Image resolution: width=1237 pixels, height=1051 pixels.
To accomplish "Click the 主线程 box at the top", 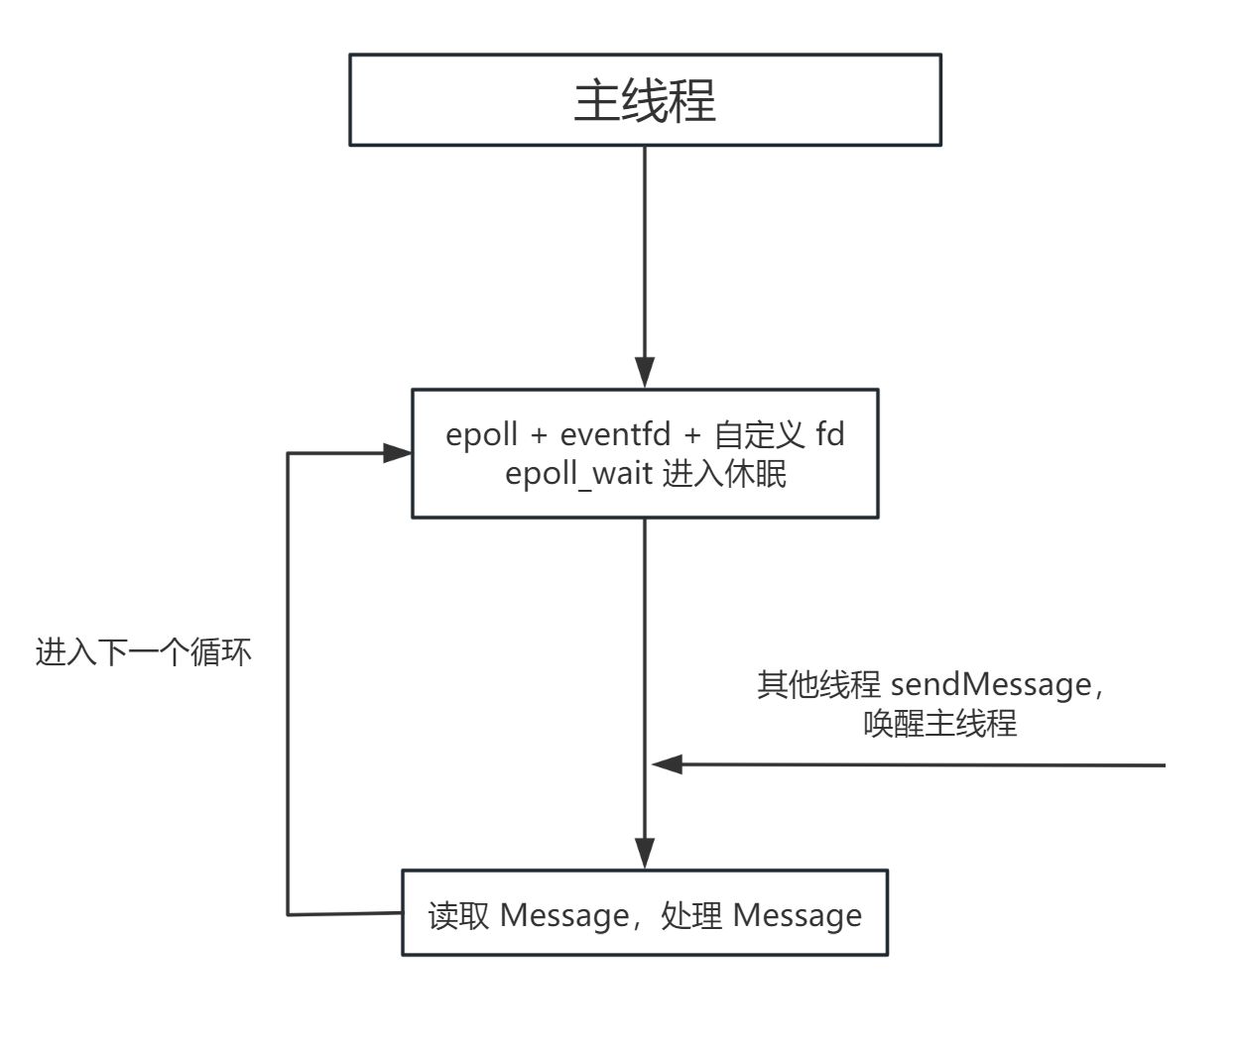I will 645,100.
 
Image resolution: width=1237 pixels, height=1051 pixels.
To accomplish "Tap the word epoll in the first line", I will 481,435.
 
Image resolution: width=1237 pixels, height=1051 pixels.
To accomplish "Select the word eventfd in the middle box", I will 614,435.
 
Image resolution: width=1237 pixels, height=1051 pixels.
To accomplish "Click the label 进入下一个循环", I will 144,652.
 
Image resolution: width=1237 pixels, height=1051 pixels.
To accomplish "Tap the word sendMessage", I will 991,684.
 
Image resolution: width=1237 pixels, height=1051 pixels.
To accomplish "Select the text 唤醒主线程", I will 940,723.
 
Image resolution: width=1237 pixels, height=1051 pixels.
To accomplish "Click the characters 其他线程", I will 818,684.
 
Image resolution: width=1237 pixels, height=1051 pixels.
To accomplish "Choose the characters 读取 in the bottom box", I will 458,915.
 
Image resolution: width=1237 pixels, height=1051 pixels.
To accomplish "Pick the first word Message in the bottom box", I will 563,915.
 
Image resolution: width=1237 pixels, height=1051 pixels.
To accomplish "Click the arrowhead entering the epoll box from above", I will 645,373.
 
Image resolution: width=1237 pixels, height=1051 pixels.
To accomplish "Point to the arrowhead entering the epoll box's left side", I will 397,453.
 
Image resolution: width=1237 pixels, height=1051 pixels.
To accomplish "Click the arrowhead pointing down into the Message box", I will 645,854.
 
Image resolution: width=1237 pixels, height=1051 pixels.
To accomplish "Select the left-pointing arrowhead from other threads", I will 668,764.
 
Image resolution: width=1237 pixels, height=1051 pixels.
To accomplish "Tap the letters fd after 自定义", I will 830,435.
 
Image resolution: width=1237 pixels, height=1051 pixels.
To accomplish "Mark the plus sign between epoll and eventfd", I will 539,436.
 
